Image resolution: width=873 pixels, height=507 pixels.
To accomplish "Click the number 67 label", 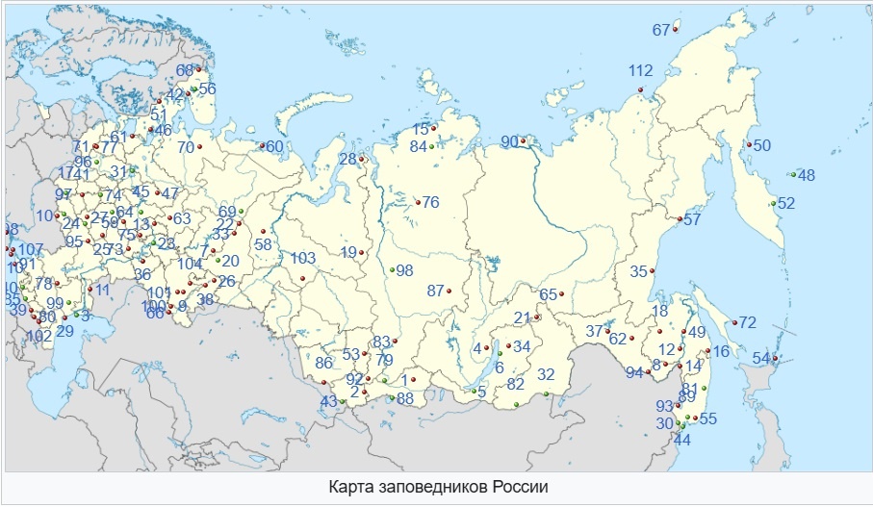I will pos(660,30).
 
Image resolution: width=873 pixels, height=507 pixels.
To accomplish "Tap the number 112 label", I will pos(640,70).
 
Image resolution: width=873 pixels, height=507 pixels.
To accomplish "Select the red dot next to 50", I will pos(748,145).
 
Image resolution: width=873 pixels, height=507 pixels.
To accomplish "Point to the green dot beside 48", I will pos(791,174).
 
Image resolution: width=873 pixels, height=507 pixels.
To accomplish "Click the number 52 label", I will pos(786,203).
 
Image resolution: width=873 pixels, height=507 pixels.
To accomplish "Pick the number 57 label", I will pos(692,220).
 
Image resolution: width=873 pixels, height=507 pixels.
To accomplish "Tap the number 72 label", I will pos(747,321).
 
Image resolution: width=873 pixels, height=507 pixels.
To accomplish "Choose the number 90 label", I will pos(509,142).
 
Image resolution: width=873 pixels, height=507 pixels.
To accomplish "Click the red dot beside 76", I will pos(417,201).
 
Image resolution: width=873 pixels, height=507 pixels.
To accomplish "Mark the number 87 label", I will pos(436,291).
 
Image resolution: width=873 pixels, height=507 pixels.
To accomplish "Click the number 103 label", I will pos(303,258).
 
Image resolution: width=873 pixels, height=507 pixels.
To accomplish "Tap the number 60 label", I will pos(274,146).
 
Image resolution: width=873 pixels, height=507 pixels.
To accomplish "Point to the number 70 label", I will pos(186,147).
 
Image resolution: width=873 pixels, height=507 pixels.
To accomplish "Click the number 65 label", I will pos(549,294).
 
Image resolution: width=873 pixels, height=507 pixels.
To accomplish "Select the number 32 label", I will pos(546,374).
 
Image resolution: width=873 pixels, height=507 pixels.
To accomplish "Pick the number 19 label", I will pos(348,252).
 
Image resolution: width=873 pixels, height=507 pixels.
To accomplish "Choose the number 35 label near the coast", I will pos(639,271).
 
